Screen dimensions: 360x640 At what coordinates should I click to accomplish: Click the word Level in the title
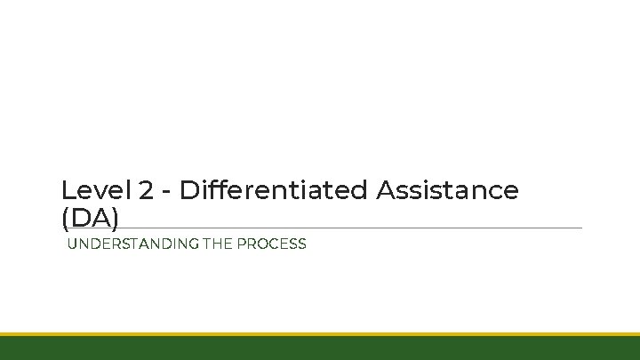point(96,190)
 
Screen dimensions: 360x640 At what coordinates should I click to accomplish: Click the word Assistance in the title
point(447,190)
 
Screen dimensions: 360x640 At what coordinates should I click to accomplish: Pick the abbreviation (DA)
point(90,217)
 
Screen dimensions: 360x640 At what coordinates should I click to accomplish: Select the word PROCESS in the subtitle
point(270,244)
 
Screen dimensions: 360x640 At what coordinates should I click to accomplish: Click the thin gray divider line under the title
point(356,228)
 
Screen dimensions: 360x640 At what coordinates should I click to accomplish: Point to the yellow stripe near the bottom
point(320,334)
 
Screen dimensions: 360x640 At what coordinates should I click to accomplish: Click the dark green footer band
point(320,348)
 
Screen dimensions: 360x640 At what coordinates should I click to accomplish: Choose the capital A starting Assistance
point(387,190)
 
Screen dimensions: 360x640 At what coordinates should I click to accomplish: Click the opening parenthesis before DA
point(65,218)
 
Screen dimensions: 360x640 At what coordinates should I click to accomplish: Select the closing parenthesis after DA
point(115,218)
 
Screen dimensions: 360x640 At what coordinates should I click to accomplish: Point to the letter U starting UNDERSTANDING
point(73,244)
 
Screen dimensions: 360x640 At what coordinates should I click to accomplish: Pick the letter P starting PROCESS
point(240,244)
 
